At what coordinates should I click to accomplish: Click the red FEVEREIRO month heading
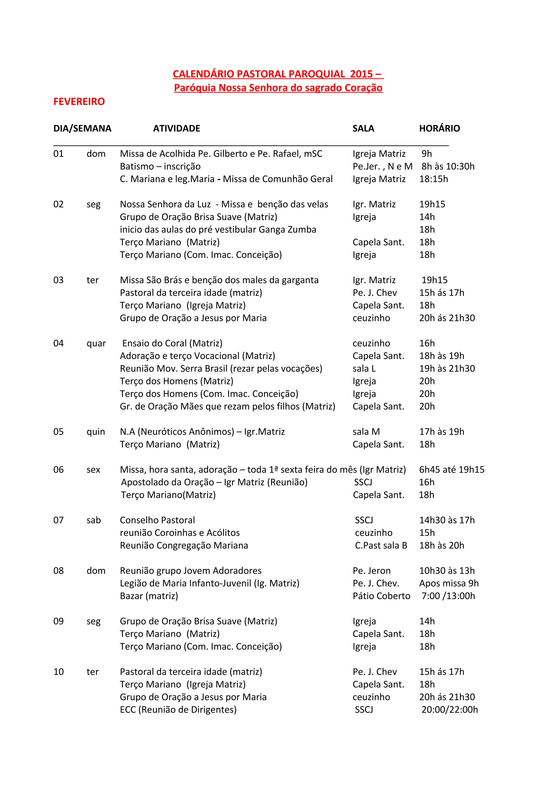(x=79, y=102)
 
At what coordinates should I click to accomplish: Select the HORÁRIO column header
(x=439, y=129)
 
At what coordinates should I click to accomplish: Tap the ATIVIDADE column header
(x=176, y=129)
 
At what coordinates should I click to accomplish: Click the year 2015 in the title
(x=361, y=74)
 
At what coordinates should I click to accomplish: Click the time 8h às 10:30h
(x=448, y=166)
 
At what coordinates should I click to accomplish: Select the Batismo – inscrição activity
(x=160, y=166)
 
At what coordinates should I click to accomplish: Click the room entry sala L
(x=364, y=369)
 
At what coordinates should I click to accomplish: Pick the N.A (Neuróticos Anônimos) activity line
(x=202, y=432)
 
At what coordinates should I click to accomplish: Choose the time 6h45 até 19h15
(x=451, y=469)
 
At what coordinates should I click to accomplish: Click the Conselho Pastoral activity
(x=157, y=520)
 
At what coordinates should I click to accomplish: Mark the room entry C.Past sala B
(x=381, y=545)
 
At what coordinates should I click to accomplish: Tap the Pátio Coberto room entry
(x=381, y=596)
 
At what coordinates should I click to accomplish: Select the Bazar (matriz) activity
(x=149, y=596)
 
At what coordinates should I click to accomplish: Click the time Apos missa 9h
(x=449, y=583)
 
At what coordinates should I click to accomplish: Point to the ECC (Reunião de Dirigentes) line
(x=178, y=710)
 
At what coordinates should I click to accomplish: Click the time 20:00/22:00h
(x=450, y=710)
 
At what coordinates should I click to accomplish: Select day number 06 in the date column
(x=59, y=469)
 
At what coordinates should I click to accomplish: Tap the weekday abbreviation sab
(x=94, y=520)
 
